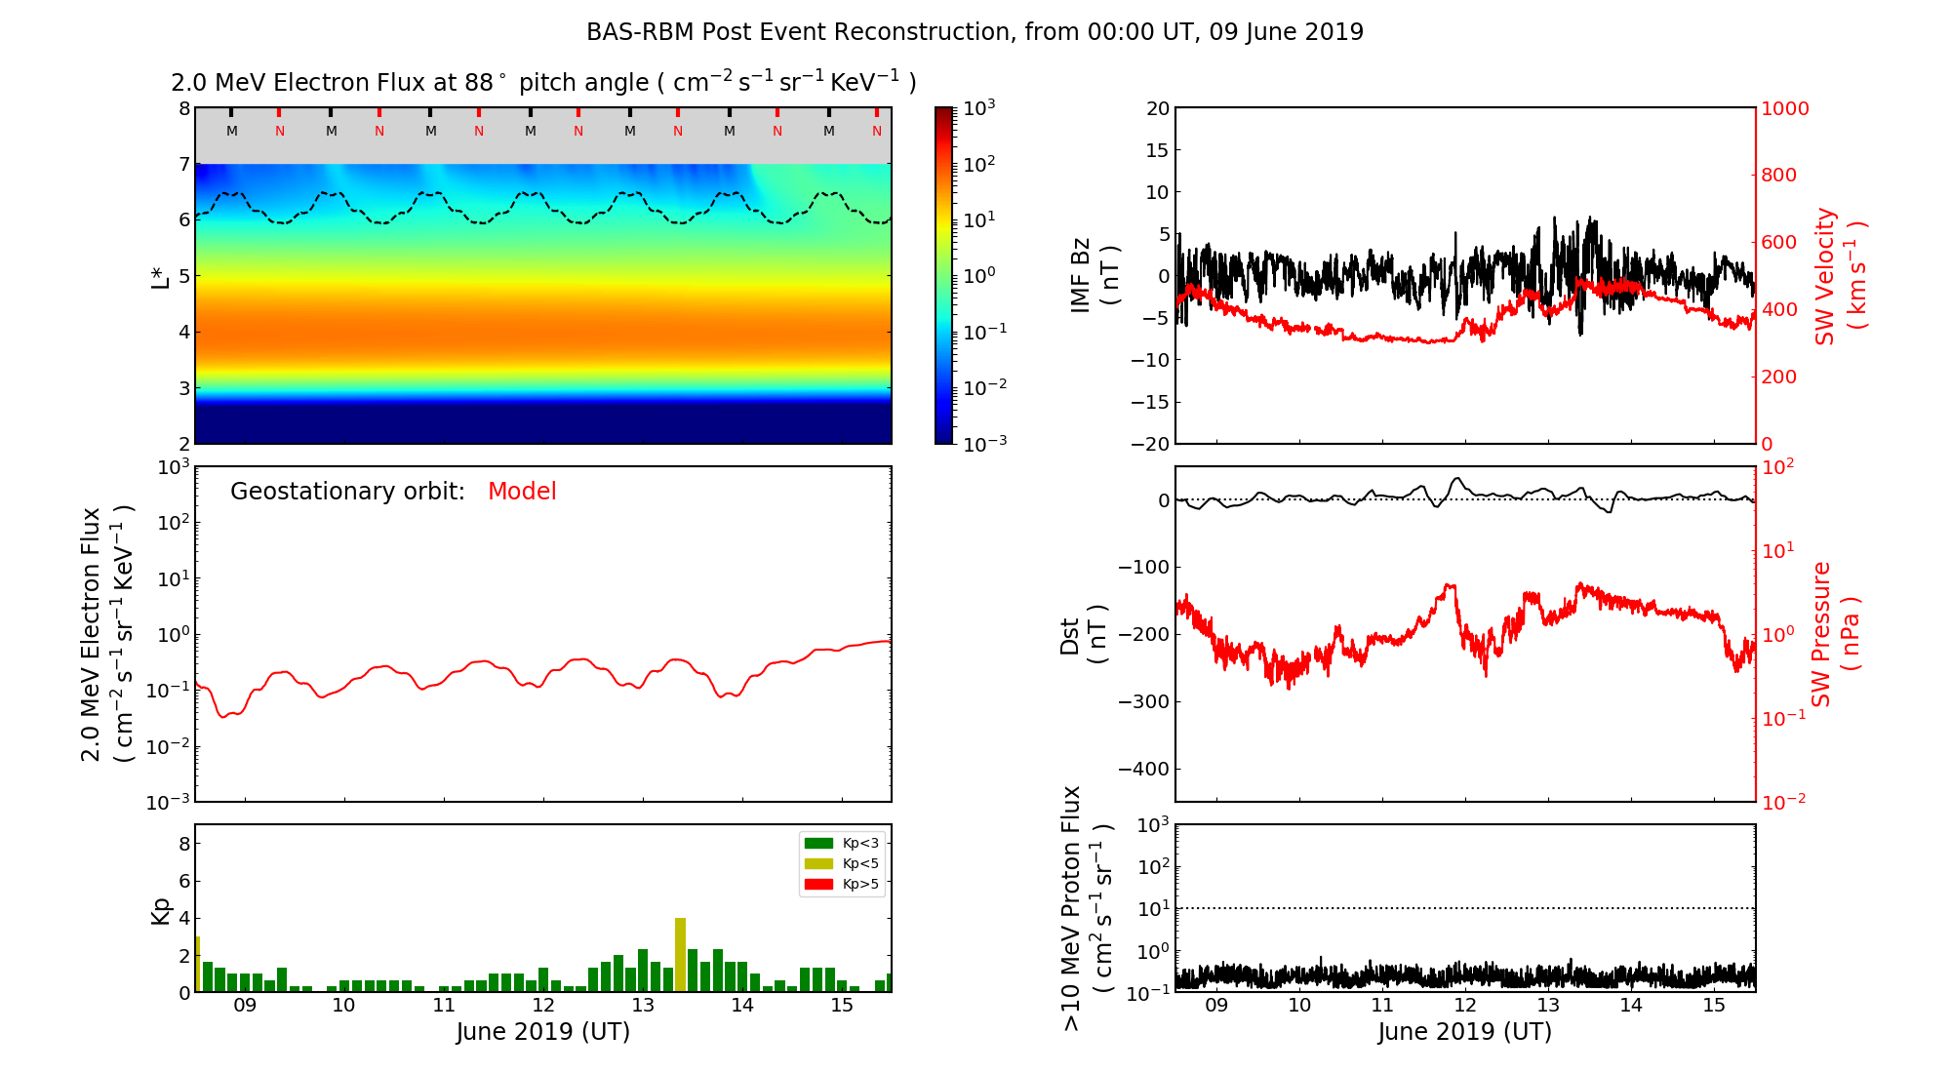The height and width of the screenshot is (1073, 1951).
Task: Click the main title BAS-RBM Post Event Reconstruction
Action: click(x=975, y=32)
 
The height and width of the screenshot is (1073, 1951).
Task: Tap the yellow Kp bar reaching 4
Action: click(x=680, y=954)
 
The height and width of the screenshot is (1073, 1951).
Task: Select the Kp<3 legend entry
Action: click(x=842, y=843)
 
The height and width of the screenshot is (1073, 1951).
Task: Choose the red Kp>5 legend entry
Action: click(x=842, y=885)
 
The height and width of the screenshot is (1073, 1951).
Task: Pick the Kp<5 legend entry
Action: click(x=842, y=863)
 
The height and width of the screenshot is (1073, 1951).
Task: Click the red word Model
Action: click(x=522, y=492)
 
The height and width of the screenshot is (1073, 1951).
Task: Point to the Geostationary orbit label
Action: click(x=347, y=492)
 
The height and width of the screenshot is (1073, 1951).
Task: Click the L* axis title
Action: click(x=160, y=276)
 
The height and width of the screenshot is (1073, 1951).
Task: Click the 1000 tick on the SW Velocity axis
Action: click(x=1784, y=108)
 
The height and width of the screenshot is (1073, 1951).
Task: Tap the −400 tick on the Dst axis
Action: click(x=1143, y=769)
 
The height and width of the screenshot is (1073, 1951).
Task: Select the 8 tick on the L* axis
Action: click(x=184, y=108)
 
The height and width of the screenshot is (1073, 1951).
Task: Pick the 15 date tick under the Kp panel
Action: click(x=842, y=1006)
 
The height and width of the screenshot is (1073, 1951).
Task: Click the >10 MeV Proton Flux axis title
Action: click(x=1087, y=907)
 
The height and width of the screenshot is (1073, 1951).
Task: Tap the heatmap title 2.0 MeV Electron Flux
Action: click(x=543, y=83)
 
